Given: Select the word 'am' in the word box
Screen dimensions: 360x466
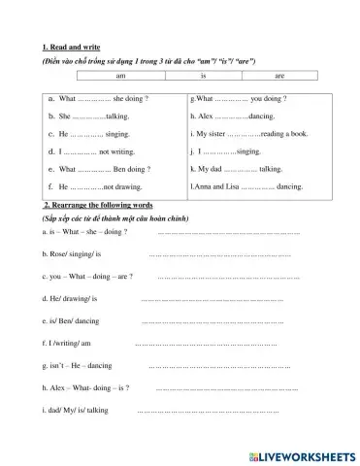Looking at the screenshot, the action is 120,75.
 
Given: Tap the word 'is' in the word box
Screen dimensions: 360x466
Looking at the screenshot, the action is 203,75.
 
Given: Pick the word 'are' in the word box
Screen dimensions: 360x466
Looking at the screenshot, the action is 279,75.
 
